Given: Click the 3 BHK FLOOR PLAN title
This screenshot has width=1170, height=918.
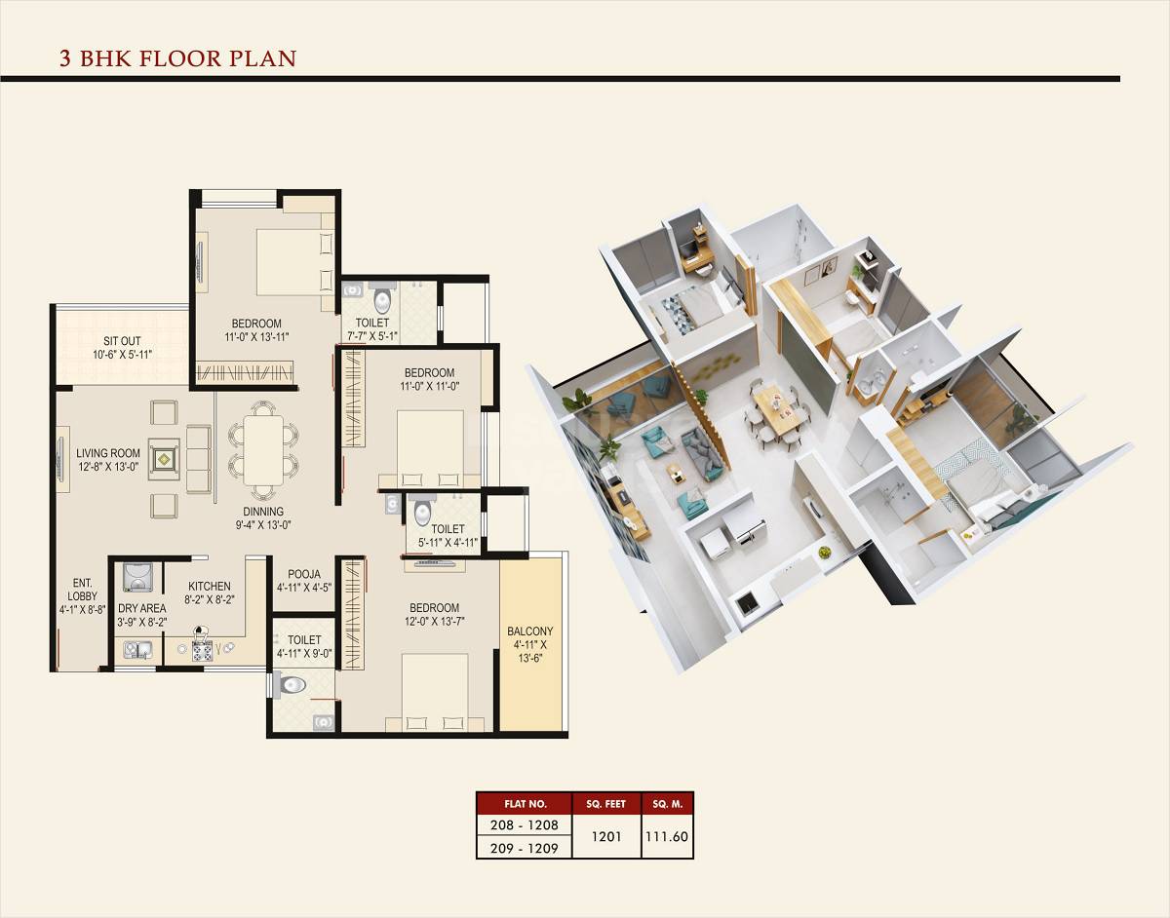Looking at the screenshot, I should point(177,58).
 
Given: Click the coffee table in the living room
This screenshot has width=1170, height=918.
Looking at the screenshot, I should point(164,454).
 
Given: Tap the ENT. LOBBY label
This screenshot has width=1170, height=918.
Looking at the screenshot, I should point(82,595).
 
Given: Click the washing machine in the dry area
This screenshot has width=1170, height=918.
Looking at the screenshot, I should point(137,577).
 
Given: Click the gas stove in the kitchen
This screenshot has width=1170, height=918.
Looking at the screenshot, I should point(202,650).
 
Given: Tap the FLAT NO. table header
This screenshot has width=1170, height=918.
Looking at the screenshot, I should point(525,804).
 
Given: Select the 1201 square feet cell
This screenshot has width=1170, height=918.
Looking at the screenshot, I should point(605,835).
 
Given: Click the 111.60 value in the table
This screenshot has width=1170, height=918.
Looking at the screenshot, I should point(667,835).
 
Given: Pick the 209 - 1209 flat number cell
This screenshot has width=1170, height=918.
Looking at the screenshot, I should point(525,848).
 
